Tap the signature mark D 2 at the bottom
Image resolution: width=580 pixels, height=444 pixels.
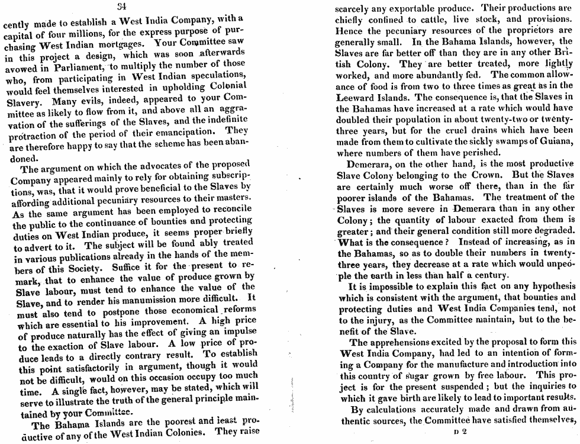(460, 432)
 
